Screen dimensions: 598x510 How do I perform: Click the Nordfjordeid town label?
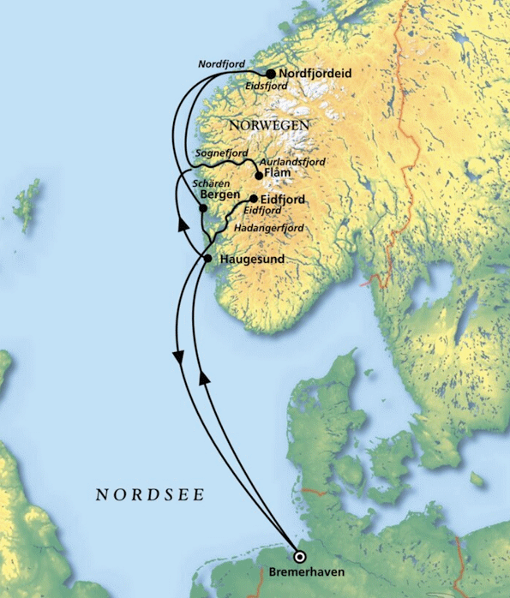tap(316, 74)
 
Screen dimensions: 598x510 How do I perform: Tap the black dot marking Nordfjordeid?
tap(271, 74)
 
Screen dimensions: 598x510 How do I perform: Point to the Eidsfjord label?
tap(266, 87)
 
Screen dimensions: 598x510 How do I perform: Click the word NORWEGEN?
tap(268, 125)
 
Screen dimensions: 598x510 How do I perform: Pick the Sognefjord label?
tap(221, 152)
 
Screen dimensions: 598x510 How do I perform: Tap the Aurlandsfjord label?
tap(294, 161)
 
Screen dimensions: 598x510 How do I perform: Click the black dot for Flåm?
tap(259, 176)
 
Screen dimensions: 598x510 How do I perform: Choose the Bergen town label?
tap(218, 195)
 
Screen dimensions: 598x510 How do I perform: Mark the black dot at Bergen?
tap(202, 208)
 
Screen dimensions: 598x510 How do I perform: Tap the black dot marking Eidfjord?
tap(253, 199)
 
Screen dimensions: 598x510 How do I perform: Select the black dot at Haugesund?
tap(207, 258)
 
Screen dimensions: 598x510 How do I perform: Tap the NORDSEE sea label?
tap(150, 494)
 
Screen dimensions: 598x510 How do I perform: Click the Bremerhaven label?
tap(300, 571)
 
